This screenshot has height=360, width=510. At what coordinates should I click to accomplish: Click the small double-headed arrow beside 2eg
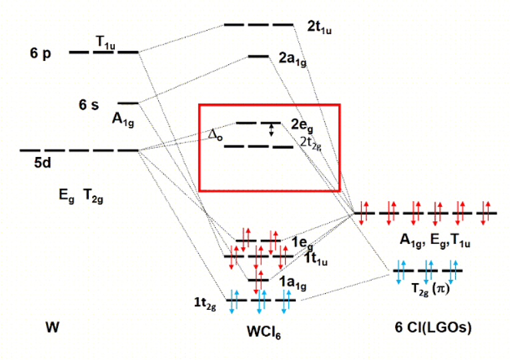point(271,130)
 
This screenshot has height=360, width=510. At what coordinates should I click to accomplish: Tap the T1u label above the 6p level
point(105,41)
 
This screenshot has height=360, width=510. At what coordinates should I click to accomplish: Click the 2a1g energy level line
point(258,56)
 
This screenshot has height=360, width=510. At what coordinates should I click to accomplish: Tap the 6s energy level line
point(127,103)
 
